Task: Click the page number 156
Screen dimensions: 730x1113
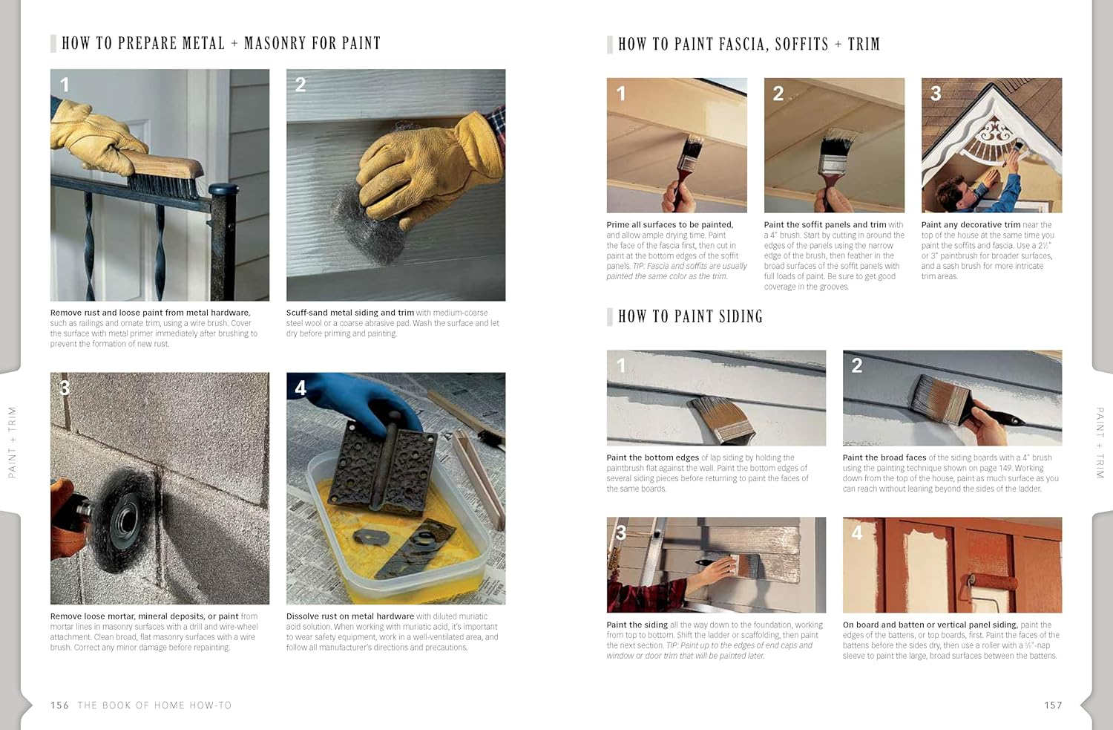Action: tap(59, 705)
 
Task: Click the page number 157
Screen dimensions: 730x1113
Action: tap(1053, 705)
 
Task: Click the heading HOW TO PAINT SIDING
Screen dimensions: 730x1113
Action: tap(690, 316)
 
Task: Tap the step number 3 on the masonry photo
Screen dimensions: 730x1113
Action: tap(65, 388)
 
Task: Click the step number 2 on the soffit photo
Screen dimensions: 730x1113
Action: tap(778, 94)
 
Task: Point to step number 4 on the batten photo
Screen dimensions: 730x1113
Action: tap(857, 532)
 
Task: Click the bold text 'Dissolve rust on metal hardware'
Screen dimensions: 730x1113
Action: tap(350, 616)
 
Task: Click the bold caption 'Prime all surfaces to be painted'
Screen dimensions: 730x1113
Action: tap(669, 225)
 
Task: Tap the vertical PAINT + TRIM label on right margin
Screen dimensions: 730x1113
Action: tap(1100, 443)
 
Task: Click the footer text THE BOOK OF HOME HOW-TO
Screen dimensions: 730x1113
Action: tap(154, 705)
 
